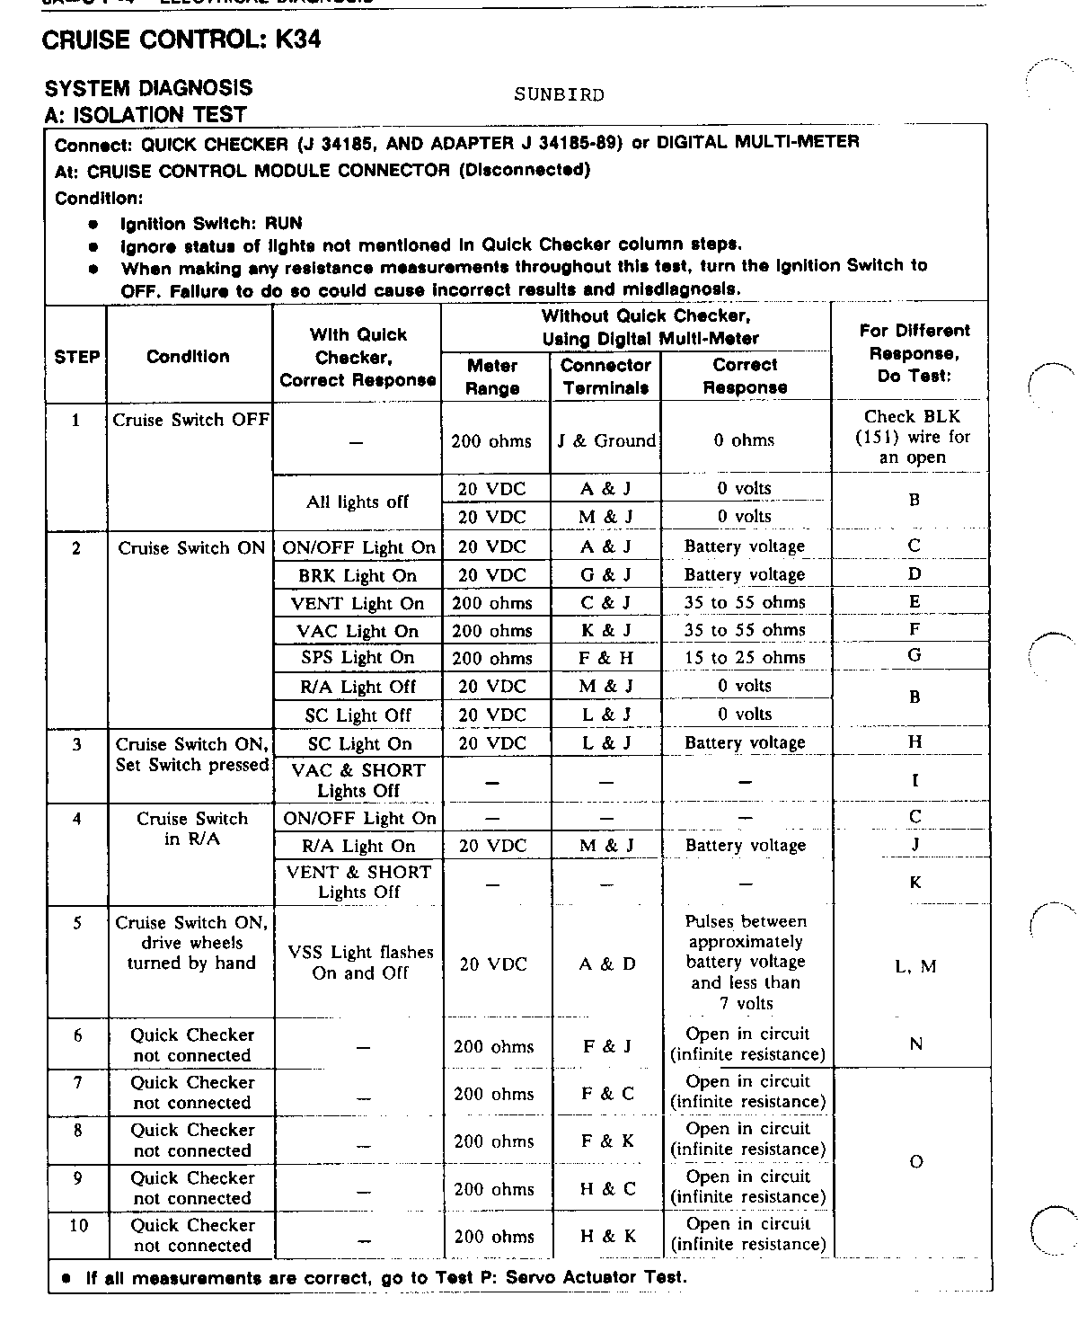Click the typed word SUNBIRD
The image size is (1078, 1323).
click(x=559, y=94)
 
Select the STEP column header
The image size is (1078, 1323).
click(x=76, y=356)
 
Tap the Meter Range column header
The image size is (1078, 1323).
click(x=492, y=377)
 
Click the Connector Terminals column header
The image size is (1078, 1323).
click(x=605, y=377)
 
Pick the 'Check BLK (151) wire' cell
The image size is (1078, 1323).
click(x=913, y=437)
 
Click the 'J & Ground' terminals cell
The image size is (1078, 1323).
click(x=606, y=440)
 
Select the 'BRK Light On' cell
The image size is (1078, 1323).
click(x=358, y=575)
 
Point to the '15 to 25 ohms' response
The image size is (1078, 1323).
click(x=745, y=657)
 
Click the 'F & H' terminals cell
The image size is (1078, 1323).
click(x=606, y=658)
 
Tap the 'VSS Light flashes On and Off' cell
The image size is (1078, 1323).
click(x=359, y=962)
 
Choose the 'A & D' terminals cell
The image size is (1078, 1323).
click(x=607, y=963)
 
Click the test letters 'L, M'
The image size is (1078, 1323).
click(x=915, y=966)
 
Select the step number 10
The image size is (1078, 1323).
click(x=78, y=1225)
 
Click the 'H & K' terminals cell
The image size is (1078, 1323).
click(x=608, y=1236)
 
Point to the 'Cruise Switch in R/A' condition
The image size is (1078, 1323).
click(x=191, y=829)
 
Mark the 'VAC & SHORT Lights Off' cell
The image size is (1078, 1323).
click(x=358, y=780)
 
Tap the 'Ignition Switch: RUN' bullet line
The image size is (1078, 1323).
click(x=211, y=223)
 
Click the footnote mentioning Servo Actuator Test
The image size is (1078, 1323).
click(x=385, y=1277)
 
